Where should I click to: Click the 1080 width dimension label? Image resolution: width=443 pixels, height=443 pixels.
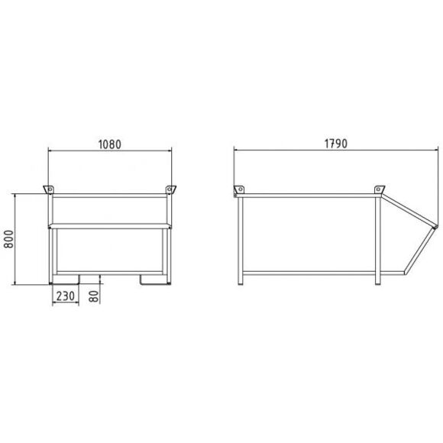pyautogui.click(x=110, y=144)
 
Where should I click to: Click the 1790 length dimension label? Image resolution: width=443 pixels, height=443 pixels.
pyautogui.click(x=335, y=144)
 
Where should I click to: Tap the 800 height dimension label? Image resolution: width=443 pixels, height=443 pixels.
pyautogui.click(x=8, y=239)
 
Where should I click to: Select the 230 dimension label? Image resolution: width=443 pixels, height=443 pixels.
pyautogui.click(x=65, y=296)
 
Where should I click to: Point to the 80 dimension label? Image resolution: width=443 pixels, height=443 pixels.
pyautogui.click(x=94, y=296)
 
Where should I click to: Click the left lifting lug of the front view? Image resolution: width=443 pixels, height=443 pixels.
pyautogui.click(x=48, y=189)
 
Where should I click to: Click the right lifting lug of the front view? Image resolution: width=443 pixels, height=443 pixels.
pyautogui.click(x=170, y=189)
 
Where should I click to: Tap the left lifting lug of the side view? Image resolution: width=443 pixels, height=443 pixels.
pyautogui.click(x=239, y=189)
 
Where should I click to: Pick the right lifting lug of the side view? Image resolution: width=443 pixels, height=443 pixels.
pyautogui.click(x=380, y=189)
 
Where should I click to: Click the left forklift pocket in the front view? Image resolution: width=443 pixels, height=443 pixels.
pyautogui.click(x=66, y=280)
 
